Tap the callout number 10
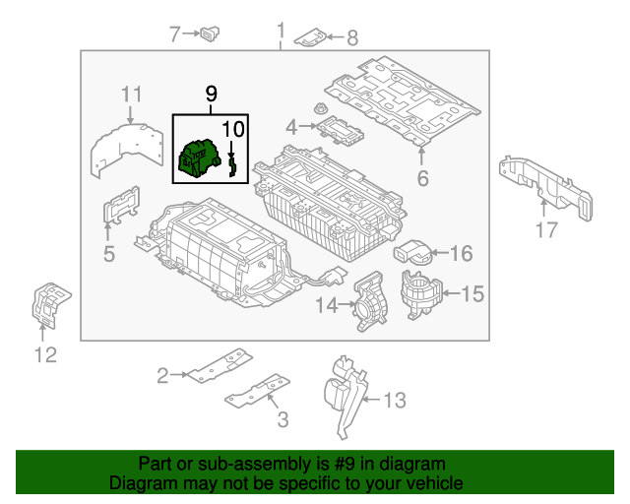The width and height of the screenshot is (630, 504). coord(233,128)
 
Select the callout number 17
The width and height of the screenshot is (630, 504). coord(546,230)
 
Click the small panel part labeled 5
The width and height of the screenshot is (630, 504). coord(120,210)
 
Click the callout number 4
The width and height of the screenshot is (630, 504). coord(291,127)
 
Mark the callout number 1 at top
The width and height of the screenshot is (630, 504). coord(281,30)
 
